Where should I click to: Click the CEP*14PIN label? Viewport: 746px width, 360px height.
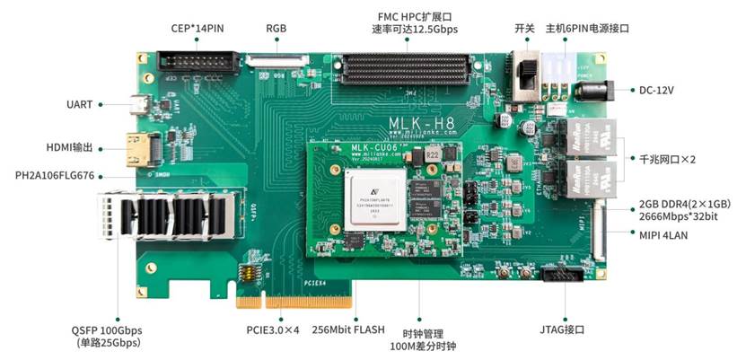[197, 28]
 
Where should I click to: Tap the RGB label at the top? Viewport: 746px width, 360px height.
[276, 28]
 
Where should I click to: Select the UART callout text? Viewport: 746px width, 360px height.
[80, 104]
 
